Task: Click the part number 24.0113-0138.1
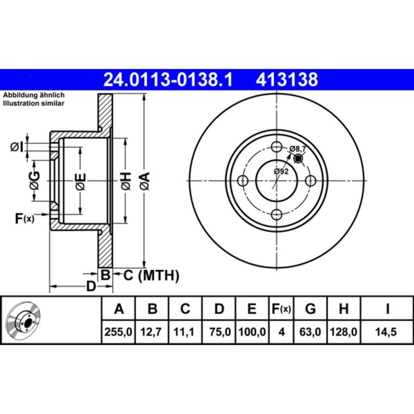pyautogui.click(x=169, y=80)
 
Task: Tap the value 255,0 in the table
pyautogui.click(x=119, y=331)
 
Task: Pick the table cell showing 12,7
pyautogui.click(x=152, y=331)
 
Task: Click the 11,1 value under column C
pyautogui.click(x=185, y=331)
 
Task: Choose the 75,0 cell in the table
pyautogui.click(x=219, y=331)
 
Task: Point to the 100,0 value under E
pyautogui.click(x=252, y=331)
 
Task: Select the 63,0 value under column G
pyautogui.click(x=310, y=331)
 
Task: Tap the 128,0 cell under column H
pyautogui.click(x=343, y=331)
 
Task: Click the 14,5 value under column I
pyautogui.click(x=387, y=331)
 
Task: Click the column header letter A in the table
pyautogui.click(x=119, y=309)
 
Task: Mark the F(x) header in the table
pyautogui.click(x=282, y=309)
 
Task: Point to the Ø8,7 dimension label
pyautogui.click(x=298, y=149)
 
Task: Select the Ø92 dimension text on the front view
pyautogui.click(x=281, y=171)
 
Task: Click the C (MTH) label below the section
pyautogui.click(x=151, y=275)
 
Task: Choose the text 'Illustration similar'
pyautogui.click(x=34, y=103)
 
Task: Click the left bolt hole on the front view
pyautogui.click(x=242, y=181)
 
